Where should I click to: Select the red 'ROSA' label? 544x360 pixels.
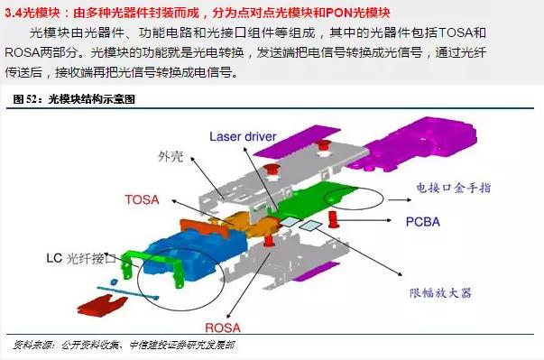pos(222,327)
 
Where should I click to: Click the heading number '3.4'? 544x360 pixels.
pos(13,12)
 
